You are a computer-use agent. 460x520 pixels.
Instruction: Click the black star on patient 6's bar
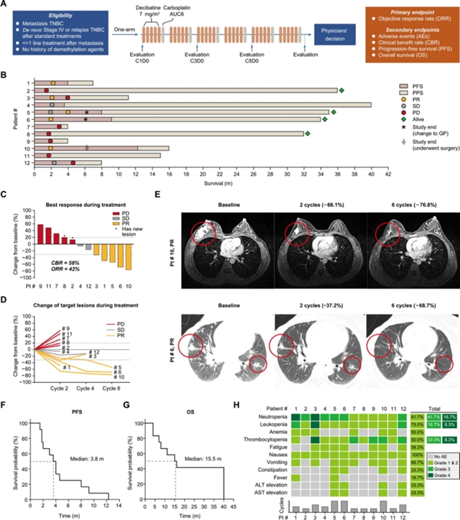86,120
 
